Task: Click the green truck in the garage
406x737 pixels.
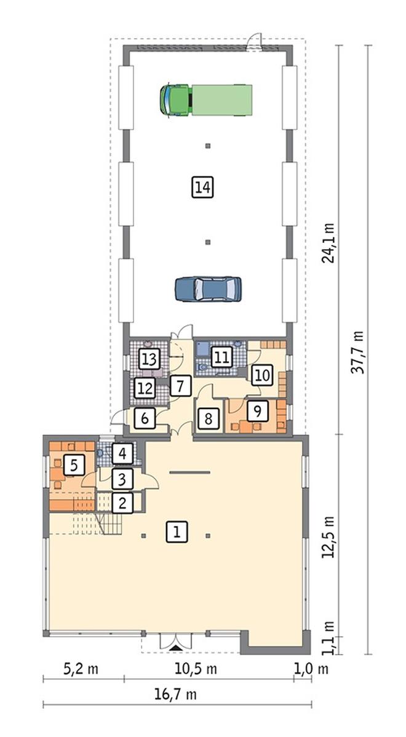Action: coord(206,100)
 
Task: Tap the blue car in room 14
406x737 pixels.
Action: coord(208,289)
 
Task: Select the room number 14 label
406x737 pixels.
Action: coord(202,187)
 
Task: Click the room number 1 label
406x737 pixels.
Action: coord(176,532)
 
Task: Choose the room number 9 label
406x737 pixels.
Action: coord(257,412)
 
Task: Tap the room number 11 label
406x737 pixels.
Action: coord(221,357)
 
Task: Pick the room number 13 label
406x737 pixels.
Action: coord(149,359)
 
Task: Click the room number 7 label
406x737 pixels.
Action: coord(180,386)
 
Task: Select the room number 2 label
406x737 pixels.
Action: coord(122,503)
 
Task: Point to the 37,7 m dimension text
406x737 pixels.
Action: coord(359,352)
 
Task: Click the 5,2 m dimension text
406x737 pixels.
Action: coord(81,668)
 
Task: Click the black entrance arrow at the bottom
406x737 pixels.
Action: coord(176,648)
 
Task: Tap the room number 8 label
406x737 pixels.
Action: coord(208,418)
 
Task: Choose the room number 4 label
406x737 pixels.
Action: coord(122,454)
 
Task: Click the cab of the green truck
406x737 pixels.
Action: coord(175,100)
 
